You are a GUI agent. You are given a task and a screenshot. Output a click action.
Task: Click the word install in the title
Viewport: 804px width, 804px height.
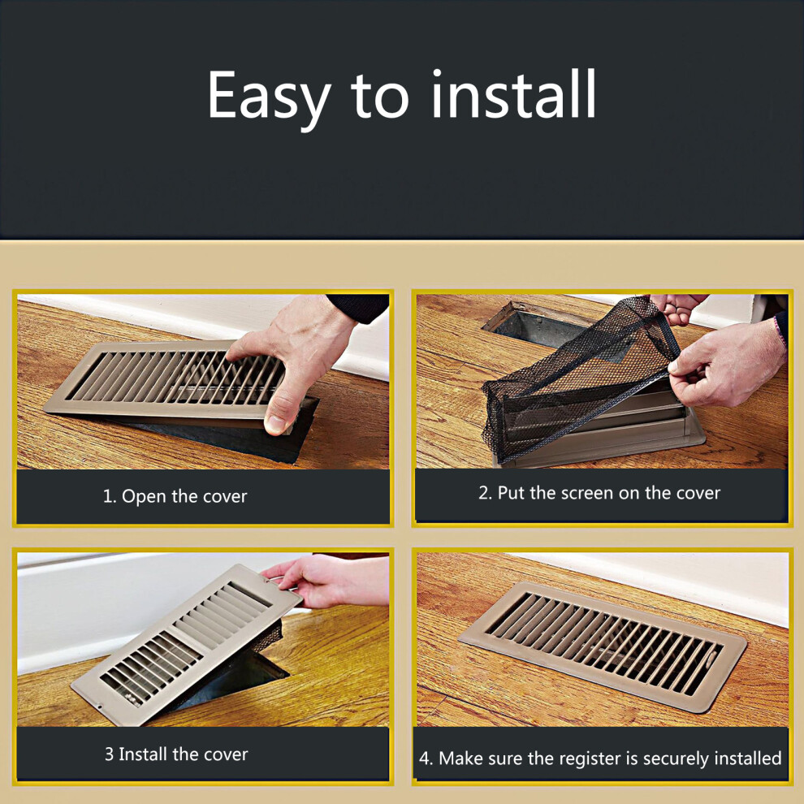point(513,94)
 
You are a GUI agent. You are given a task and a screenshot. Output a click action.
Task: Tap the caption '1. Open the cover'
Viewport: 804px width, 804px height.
point(175,496)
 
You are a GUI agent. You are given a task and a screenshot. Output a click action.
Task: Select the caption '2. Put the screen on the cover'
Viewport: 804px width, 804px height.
point(599,493)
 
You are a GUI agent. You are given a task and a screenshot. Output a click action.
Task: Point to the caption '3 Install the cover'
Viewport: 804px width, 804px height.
point(176,754)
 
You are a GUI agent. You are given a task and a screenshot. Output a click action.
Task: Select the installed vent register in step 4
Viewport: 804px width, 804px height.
point(603,646)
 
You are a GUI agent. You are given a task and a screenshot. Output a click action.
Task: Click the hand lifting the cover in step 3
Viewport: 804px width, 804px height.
point(328,580)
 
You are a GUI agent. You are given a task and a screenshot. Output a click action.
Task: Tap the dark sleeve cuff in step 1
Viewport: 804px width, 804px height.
point(359,307)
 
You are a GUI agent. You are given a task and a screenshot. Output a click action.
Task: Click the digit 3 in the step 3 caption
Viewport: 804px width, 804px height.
point(109,754)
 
